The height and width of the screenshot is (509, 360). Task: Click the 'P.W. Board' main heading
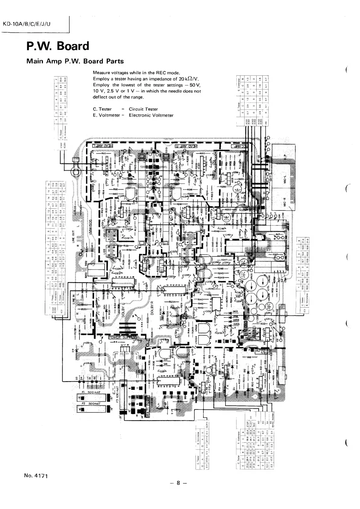tap(58, 46)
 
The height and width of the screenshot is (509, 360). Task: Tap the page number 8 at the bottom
tap(178, 491)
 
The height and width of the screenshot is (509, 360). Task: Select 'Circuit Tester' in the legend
tap(143, 109)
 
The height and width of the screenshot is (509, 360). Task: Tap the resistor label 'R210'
tap(203, 154)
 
